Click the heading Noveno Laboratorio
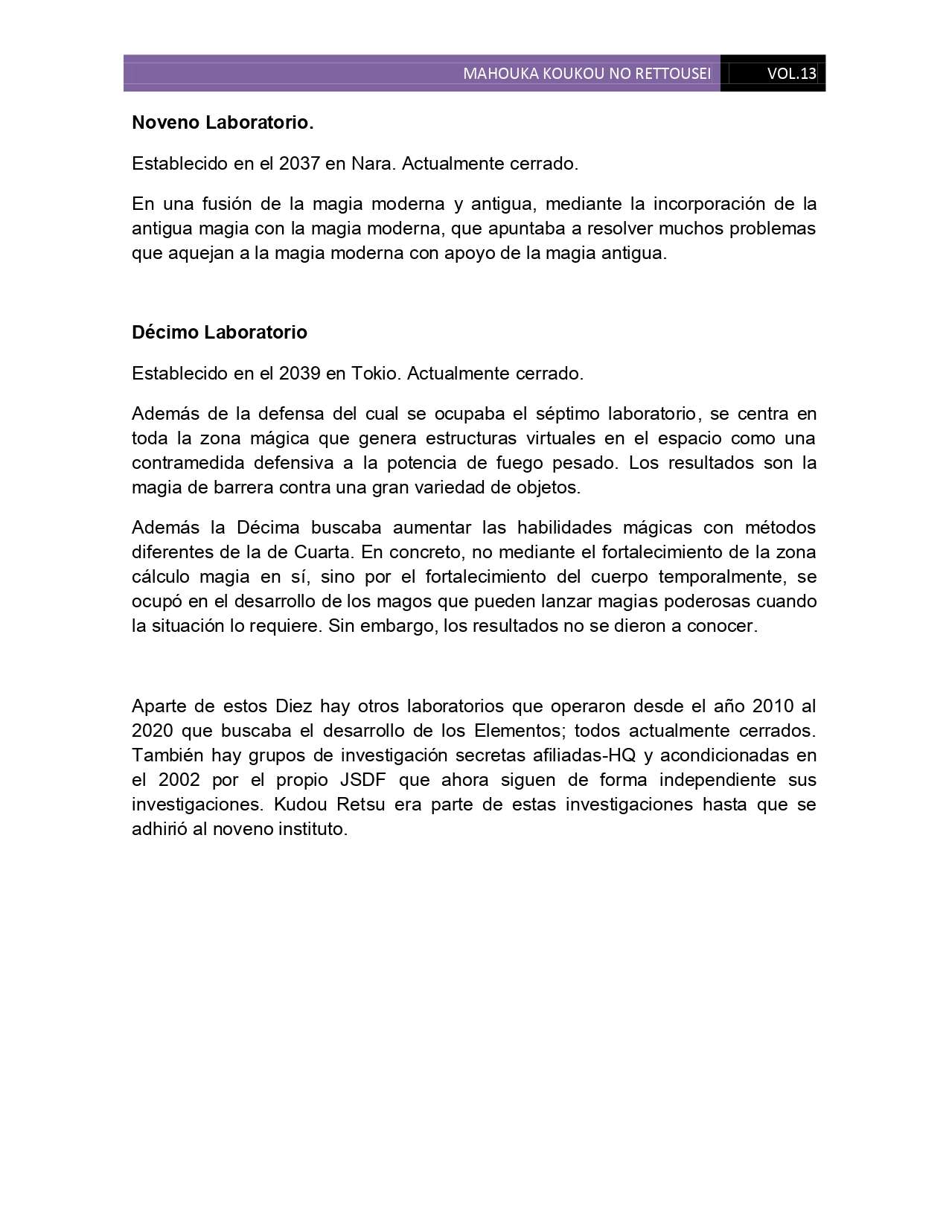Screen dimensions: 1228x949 (x=223, y=123)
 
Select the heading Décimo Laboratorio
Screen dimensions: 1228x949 (x=220, y=333)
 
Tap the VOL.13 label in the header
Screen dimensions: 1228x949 (x=791, y=74)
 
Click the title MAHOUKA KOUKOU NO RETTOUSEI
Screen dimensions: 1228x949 (x=587, y=74)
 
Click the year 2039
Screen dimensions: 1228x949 (x=300, y=374)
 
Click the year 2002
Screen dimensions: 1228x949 (x=178, y=780)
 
